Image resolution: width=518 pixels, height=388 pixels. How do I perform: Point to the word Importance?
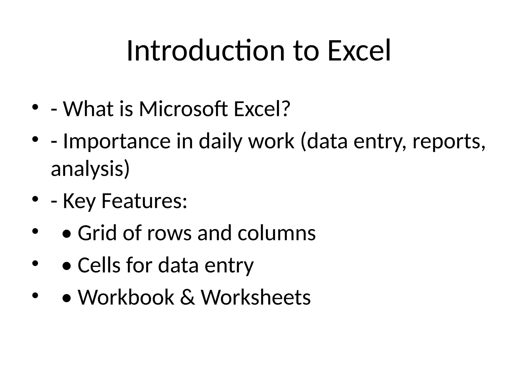coord(117,141)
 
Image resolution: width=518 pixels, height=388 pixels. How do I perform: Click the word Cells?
coord(99,265)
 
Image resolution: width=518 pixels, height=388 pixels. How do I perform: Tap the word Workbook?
coord(126,298)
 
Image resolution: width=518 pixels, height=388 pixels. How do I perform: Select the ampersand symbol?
coord(187,298)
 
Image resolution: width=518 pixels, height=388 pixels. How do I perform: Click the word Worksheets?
coord(256,298)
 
